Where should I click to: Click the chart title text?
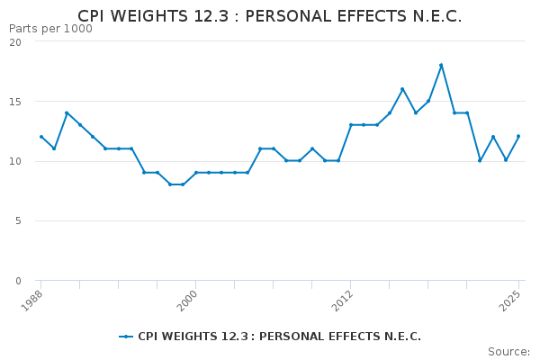pos(270,16)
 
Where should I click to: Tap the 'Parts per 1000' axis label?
pos(50,29)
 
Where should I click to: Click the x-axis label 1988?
pos(33,300)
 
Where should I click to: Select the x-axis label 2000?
pos(188,300)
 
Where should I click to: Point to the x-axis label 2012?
pos(343,300)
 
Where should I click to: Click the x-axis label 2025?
pos(511,300)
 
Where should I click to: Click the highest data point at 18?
pos(441,65)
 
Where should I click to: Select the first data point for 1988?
pos(40,137)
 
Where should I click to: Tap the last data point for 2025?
pos(518,137)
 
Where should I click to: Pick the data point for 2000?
pos(195,172)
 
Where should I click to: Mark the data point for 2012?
pos(351,125)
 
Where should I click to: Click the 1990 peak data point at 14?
pos(67,112)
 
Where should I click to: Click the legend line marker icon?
pos(126,337)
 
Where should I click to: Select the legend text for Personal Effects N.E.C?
pos(279,337)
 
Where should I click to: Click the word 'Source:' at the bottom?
pos(508,352)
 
